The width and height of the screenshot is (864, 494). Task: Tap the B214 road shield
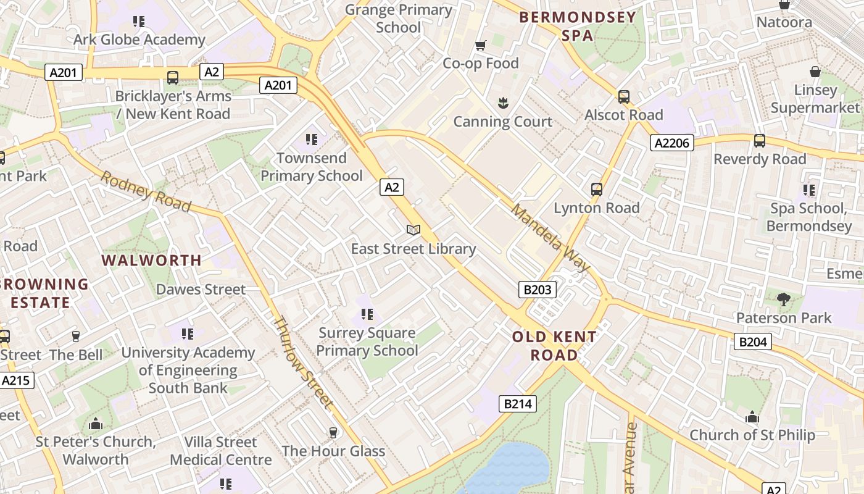tap(517, 404)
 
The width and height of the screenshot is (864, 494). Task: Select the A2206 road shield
tap(672, 143)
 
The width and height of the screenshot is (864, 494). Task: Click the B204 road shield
tap(753, 341)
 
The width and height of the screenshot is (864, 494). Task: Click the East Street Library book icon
tap(413, 230)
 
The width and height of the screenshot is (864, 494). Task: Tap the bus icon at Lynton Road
tap(596, 190)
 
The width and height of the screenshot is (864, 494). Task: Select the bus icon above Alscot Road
tap(623, 97)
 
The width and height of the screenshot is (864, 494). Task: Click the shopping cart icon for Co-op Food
tap(480, 45)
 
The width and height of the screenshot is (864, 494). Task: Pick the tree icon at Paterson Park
tap(783, 300)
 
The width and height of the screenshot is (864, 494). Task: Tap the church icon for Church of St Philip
tap(752, 417)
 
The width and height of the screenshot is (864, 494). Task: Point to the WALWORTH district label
tap(152, 261)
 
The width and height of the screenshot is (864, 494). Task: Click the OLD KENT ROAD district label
tap(554, 346)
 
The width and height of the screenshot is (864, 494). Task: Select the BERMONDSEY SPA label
tap(578, 27)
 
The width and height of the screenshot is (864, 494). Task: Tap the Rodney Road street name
tap(146, 191)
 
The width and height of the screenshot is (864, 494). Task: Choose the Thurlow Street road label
tap(303, 363)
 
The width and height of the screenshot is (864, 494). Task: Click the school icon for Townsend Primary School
tap(312, 140)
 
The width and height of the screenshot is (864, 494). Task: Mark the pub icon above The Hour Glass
tap(333, 433)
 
